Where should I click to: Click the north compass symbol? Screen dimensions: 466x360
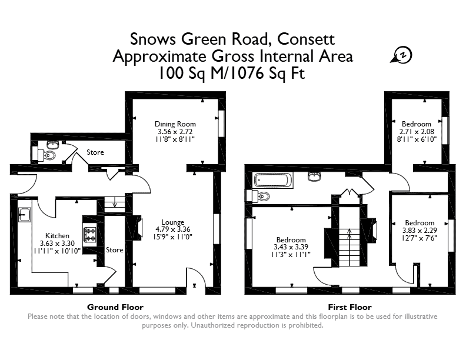tap(402, 55)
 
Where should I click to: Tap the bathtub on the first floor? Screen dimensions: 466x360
tap(273, 181)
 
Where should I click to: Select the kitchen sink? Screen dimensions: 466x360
tap(25, 215)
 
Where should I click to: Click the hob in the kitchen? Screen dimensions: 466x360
tap(90, 235)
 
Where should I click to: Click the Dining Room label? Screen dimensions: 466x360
tap(175, 124)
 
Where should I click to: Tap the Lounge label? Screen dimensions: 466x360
tap(172, 222)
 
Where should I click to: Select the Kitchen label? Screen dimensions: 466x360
tap(57, 236)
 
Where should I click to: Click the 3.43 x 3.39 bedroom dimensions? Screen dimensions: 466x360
tap(291, 247)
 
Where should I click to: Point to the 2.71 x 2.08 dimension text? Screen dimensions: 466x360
tap(417, 132)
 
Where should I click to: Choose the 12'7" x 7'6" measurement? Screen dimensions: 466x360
tap(420, 238)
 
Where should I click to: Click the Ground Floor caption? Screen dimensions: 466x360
tap(115, 307)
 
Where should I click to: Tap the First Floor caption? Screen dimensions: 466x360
tap(350, 307)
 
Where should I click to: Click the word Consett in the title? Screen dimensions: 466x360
tap(306, 39)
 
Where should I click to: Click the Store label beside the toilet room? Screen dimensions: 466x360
tap(95, 152)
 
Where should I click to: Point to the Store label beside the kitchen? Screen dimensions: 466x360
tap(114, 250)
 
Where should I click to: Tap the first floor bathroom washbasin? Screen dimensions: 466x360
tap(314, 176)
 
